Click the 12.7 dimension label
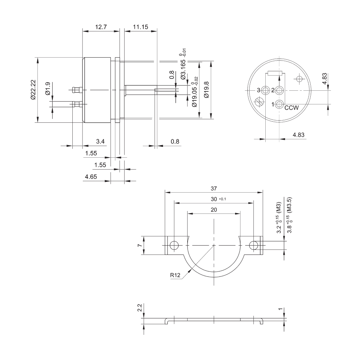click(x=101, y=27)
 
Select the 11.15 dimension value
click(x=140, y=27)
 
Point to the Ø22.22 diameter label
click(x=33, y=90)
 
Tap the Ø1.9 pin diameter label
click(x=48, y=89)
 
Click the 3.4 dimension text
click(x=100, y=141)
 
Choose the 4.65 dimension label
click(x=91, y=177)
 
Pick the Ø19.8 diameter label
click(x=206, y=90)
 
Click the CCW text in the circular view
click(x=292, y=108)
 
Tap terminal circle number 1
click(x=279, y=104)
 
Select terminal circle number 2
click(x=279, y=90)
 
